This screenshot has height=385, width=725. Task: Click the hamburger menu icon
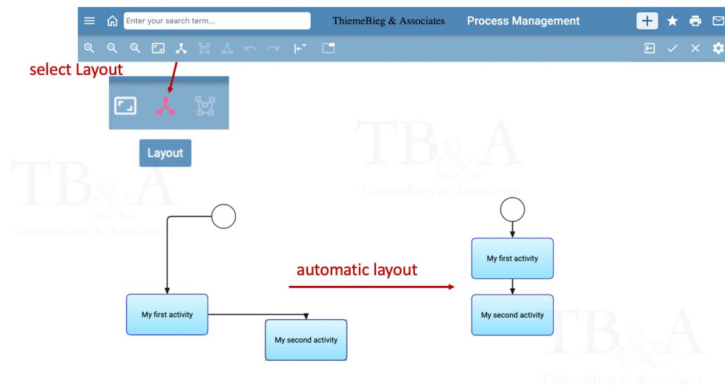click(x=89, y=21)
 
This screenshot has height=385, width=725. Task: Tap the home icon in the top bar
click(x=112, y=21)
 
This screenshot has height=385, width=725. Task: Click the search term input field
click(x=217, y=21)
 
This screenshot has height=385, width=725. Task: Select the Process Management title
click(x=523, y=21)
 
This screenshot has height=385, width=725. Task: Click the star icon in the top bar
click(x=673, y=21)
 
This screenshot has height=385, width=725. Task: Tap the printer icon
click(x=695, y=21)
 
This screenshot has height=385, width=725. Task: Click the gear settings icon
click(x=718, y=48)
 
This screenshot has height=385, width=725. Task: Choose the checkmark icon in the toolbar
click(x=673, y=48)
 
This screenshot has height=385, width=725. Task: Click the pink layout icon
click(x=165, y=106)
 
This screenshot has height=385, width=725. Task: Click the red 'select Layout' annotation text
click(x=76, y=69)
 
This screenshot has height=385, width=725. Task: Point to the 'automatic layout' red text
click(x=357, y=270)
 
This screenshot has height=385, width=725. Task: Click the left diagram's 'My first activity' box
click(x=167, y=314)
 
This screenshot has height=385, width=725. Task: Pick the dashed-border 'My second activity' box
click(x=306, y=340)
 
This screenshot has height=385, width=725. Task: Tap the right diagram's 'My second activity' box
click(x=513, y=315)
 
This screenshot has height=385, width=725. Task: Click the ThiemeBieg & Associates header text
click(x=389, y=21)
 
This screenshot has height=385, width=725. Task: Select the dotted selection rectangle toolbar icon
click(x=329, y=48)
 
